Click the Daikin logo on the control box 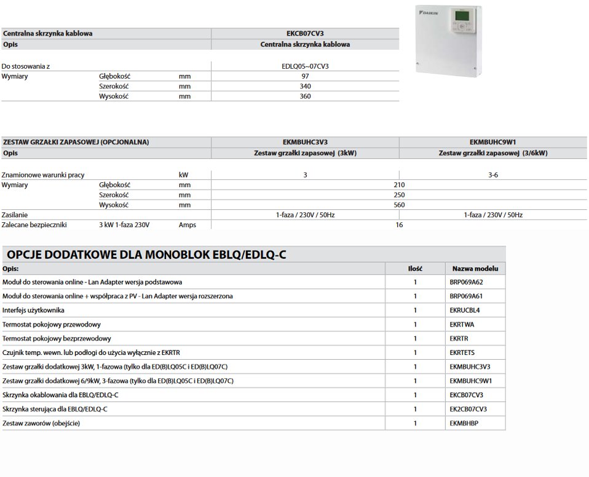[x=427, y=12]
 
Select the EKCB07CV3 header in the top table [x=305, y=33]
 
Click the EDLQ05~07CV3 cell [x=305, y=66]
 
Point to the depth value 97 [x=305, y=76]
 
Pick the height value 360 [x=305, y=96]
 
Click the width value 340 [x=305, y=87]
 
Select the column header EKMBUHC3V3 [x=305, y=142]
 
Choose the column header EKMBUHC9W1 [x=493, y=142]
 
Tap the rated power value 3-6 [x=493, y=175]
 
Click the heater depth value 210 [x=398, y=185]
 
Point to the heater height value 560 [x=398, y=205]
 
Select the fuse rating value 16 [x=398, y=225]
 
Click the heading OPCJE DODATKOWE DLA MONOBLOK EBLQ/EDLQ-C [x=147, y=254]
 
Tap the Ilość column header [x=415, y=268]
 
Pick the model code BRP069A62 [x=467, y=282]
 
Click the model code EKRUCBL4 [x=465, y=311]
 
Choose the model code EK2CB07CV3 [x=468, y=409]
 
